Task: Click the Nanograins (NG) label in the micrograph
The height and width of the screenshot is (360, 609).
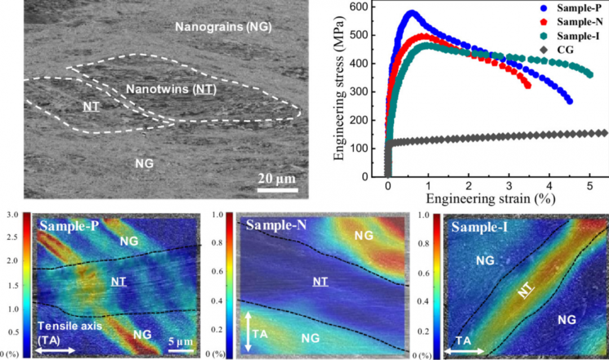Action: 223,27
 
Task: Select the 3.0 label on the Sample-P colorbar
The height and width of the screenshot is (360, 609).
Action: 13,215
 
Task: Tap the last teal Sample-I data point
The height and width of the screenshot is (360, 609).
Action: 590,74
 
